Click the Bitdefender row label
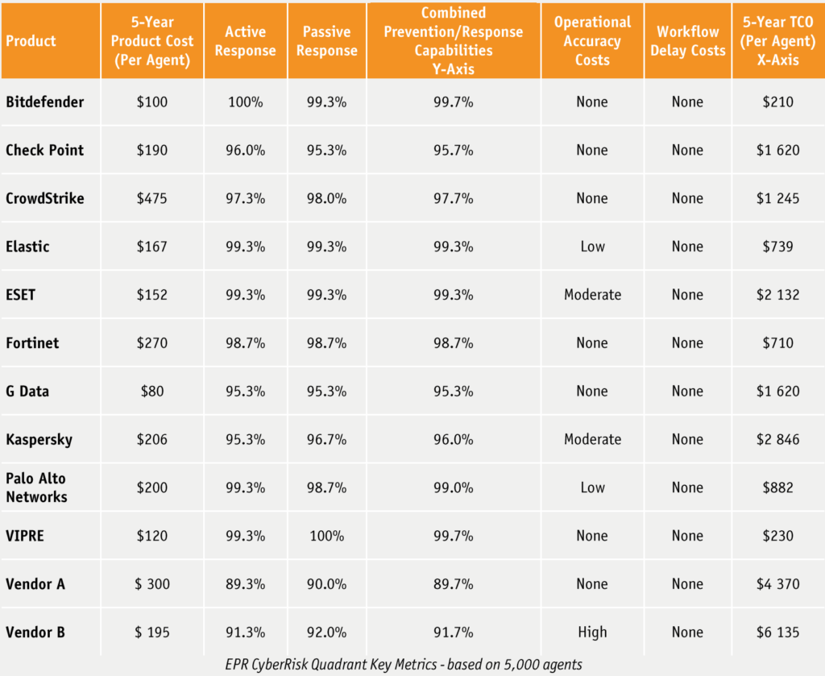(44, 102)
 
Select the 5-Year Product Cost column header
(151, 41)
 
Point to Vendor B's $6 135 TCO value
(777, 632)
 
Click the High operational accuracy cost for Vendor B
(592, 632)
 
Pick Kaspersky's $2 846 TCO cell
(777, 439)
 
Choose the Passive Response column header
(326, 41)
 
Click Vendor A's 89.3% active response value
(246, 584)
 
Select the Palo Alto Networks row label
(37, 487)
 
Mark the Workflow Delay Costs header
(687, 41)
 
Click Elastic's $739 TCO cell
(777, 247)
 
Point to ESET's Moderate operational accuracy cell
(592, 295)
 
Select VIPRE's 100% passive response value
(326, 536)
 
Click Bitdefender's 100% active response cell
(246, 102)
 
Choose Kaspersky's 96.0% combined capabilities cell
(454, 439)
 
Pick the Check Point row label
(44, 150)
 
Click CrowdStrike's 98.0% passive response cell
(326, 198)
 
